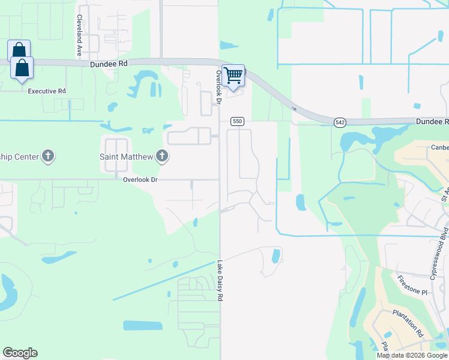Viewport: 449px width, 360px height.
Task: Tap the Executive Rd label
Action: pos(46,91)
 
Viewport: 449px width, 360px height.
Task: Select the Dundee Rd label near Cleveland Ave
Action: pos(109,62)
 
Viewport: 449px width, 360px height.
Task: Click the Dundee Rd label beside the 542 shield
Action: pos(432,121)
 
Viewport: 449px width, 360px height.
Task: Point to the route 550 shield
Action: pos(237,121)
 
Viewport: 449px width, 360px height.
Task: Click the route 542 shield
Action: pos(340,122)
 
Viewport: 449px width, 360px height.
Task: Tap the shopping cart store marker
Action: pos(234,76)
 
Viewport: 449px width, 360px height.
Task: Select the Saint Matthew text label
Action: pos(125,157)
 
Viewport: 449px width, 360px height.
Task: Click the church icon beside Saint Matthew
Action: pos(161,157)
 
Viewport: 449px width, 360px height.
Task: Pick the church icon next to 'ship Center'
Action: pos(49,157)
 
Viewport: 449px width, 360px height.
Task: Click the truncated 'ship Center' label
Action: pos(19,157)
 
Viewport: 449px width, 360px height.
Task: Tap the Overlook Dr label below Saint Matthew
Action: pos(140,179)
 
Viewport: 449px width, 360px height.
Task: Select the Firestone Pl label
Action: pos(412,285)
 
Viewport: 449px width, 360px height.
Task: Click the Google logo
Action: pos(20,353)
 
